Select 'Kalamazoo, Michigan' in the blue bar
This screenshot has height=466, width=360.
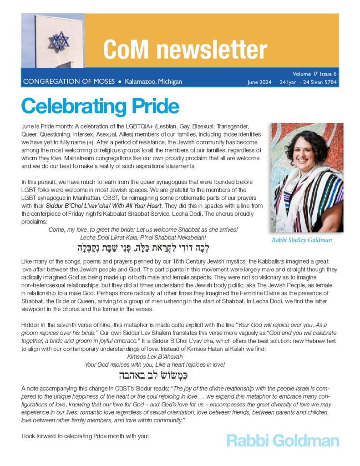click(x=153, y=82)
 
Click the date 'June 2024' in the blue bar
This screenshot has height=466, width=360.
click(x=259, y=82)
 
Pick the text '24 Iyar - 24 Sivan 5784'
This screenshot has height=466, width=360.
click(x=308, y=82)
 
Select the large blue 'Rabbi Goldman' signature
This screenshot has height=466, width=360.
click(x=282, y=441)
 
